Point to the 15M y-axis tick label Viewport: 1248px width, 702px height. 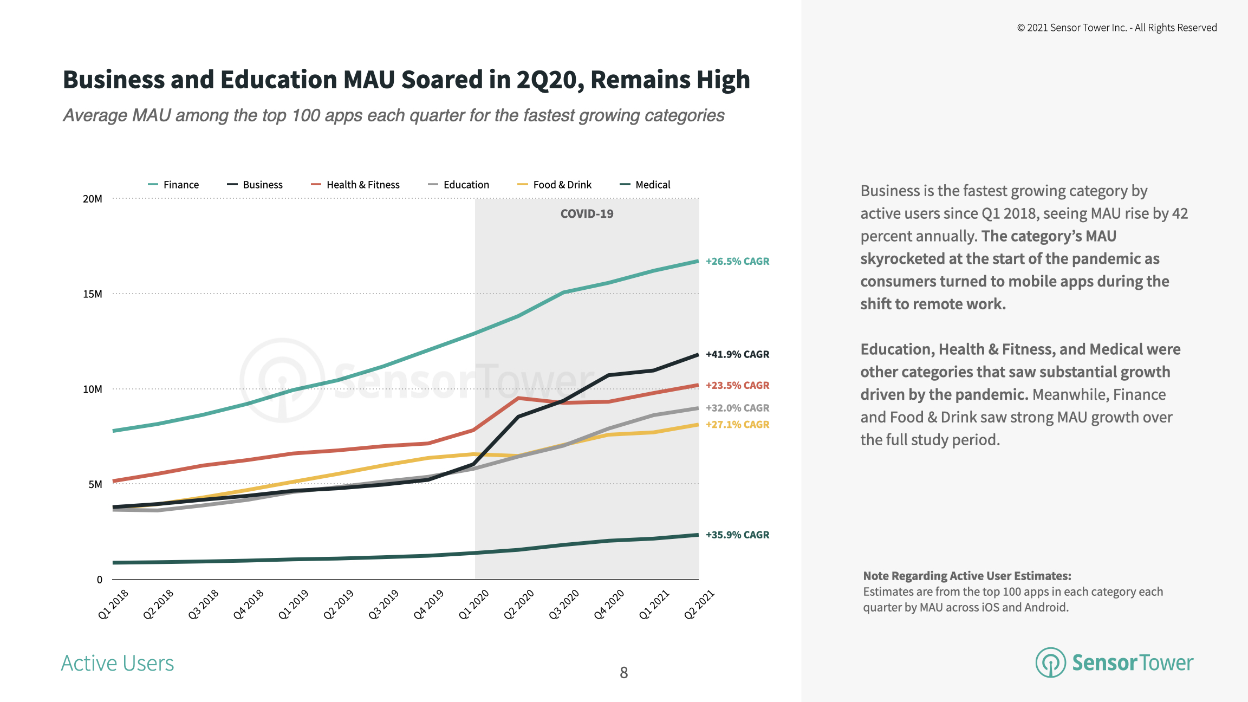click(x=92, y=294)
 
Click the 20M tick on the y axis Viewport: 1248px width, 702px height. click(x=92, y=199)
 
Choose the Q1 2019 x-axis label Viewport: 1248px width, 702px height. click(x=293, y=604)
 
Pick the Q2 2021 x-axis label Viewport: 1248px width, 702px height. click(x=699, y=604)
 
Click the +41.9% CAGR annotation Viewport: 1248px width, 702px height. click(x=737, y=354)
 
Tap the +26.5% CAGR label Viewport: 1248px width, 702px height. click(x=737, y=261)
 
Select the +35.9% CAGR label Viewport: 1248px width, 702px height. click(x=737, y=535)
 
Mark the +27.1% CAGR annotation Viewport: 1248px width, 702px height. click(x=737, y=425)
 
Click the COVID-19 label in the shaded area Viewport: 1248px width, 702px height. click(x=587, y=214)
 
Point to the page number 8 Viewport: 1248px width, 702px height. click(x=624, y=673)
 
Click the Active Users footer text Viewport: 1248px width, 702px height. click(x=118, y=664)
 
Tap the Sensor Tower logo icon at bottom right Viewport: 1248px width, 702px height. click(x=1050, y=662)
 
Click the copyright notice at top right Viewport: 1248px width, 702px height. click(x=1116, y=28)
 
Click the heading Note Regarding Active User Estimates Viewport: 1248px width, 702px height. click(x=967, y=576)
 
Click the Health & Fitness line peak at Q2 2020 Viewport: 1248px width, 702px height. click(x=519, y=398)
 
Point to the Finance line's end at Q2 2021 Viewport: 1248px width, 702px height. click(x=698, y=261)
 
